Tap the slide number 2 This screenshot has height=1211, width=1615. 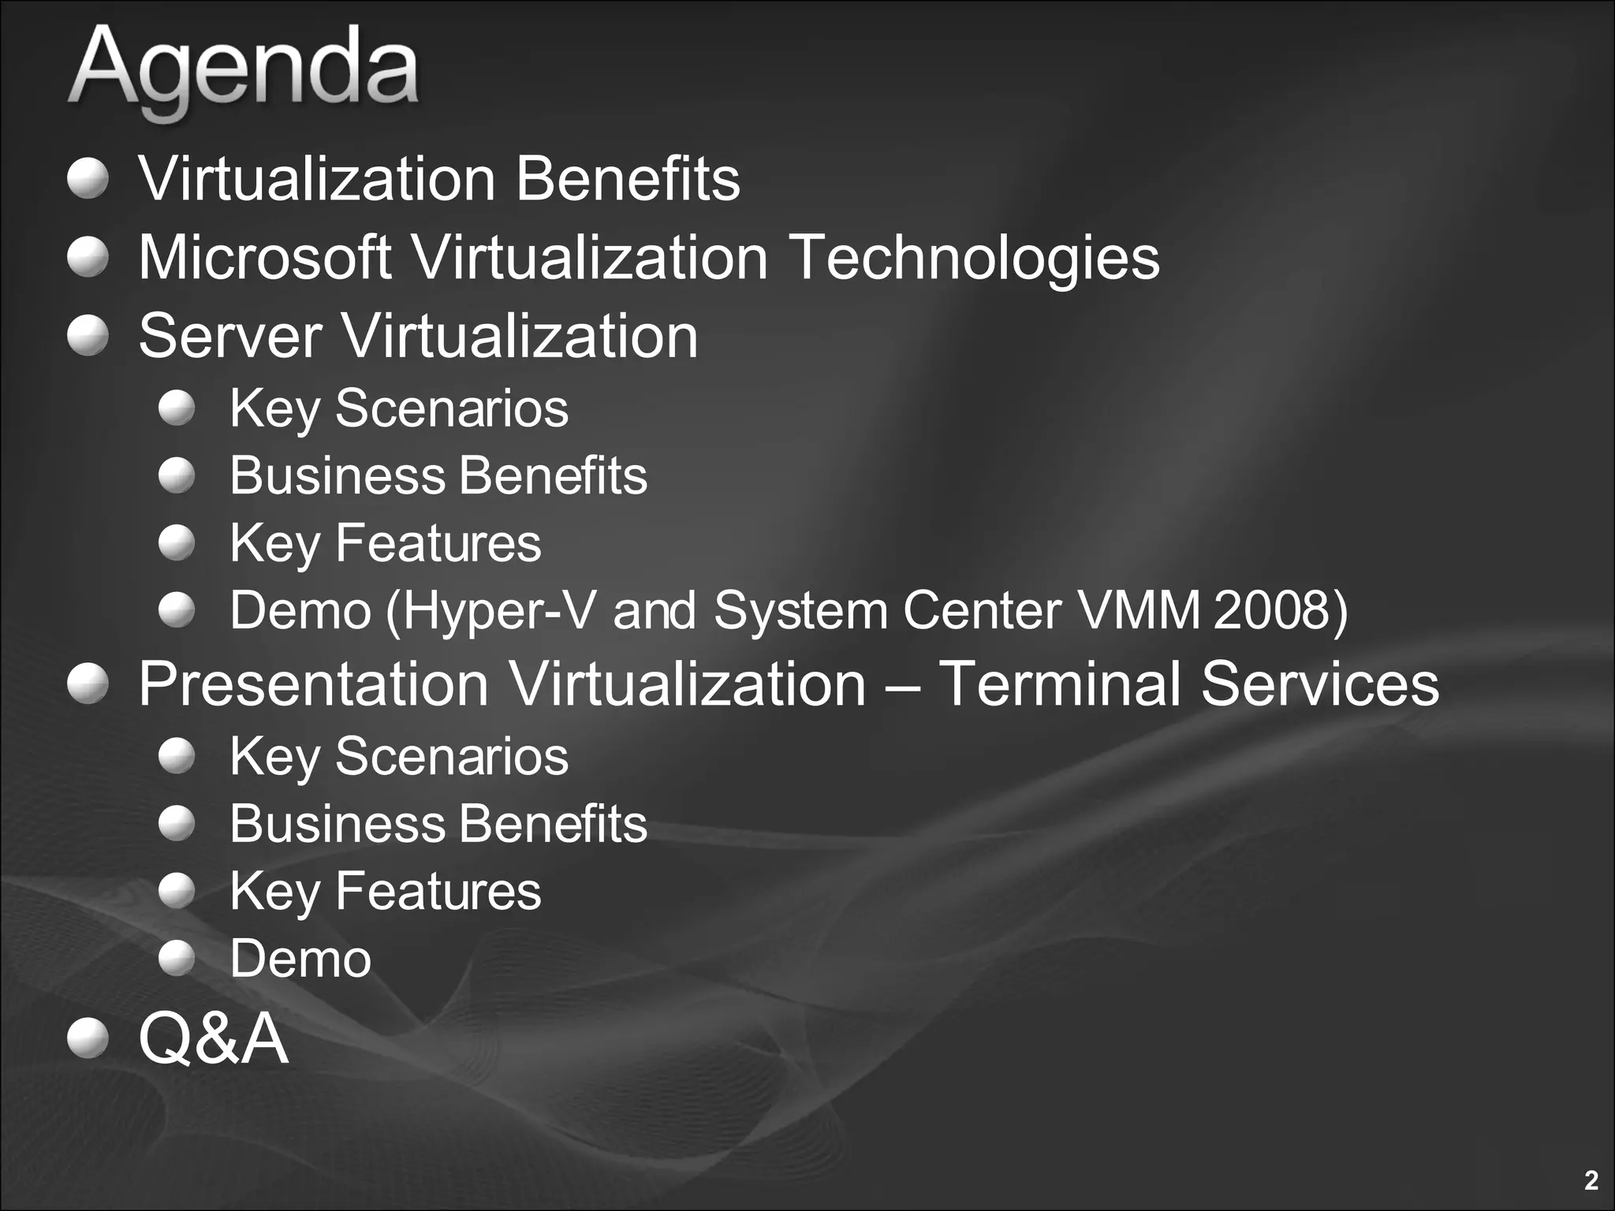click(1591, 1180)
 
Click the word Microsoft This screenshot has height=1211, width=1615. click(265, 257)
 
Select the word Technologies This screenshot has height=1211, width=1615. click(974, 259)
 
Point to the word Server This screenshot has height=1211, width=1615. click(230, 336)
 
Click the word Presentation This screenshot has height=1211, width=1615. click(314, 684)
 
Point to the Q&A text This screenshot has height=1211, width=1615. click(213, 1038)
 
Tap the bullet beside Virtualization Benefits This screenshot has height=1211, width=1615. click(87, 178)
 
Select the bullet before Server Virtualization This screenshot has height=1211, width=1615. click(87, 335)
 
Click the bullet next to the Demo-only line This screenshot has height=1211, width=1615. click(177, 958)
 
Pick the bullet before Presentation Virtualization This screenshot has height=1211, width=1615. click(87, 683)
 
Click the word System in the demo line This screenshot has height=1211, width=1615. click(800, 612)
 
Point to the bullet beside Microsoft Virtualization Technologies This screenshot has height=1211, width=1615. click(87, 257)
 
